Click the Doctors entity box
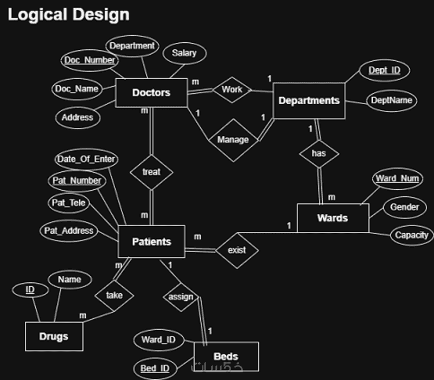151,93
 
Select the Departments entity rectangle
309,101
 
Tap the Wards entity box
333,218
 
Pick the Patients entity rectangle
151,242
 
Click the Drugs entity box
54,337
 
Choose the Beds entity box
226,357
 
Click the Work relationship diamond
232,89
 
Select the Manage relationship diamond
233,140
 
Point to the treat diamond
151,172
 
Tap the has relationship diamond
319,153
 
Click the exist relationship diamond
237,250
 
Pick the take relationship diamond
114,295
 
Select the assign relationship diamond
181,297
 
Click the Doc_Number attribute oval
90,60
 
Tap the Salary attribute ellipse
184,53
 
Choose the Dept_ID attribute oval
384,70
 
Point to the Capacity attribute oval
411,235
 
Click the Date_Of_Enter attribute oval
86,159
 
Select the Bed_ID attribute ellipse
155,369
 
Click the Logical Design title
68,15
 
